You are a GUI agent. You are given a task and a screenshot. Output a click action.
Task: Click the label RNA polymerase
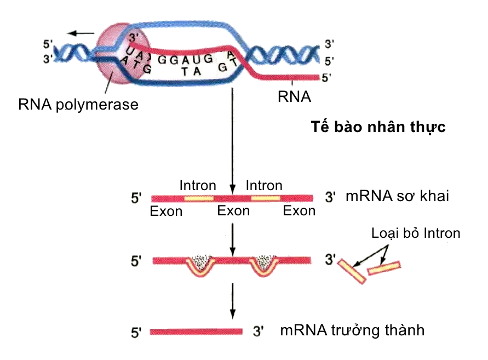tap(78, 104)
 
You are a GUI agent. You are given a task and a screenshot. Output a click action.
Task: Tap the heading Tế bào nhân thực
tap(378, 128)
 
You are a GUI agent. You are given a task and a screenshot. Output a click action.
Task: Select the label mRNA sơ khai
tap(397, 196)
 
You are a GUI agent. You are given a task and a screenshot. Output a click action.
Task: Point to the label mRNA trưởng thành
tap(352, 330)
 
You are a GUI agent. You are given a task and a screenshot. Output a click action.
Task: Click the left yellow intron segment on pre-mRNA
tap(199, 197)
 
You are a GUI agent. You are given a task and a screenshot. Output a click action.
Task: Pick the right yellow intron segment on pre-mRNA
tap(266, 197)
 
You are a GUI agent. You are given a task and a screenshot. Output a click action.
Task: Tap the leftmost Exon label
tap(166, 212)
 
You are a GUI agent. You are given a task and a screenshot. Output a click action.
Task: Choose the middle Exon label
tap(233, 211)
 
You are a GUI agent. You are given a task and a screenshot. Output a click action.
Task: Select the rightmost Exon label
tap(299, 211)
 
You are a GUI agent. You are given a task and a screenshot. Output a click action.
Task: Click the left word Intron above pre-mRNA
tap(198, 186)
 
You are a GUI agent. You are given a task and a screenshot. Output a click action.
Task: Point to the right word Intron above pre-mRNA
tap(264, 186)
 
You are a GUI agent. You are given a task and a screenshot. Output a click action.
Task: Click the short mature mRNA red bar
tap(196, 331)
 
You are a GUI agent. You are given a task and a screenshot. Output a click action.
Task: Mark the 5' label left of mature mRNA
tap(136, 332)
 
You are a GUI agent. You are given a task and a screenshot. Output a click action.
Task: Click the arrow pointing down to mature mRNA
tap(233, 301)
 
